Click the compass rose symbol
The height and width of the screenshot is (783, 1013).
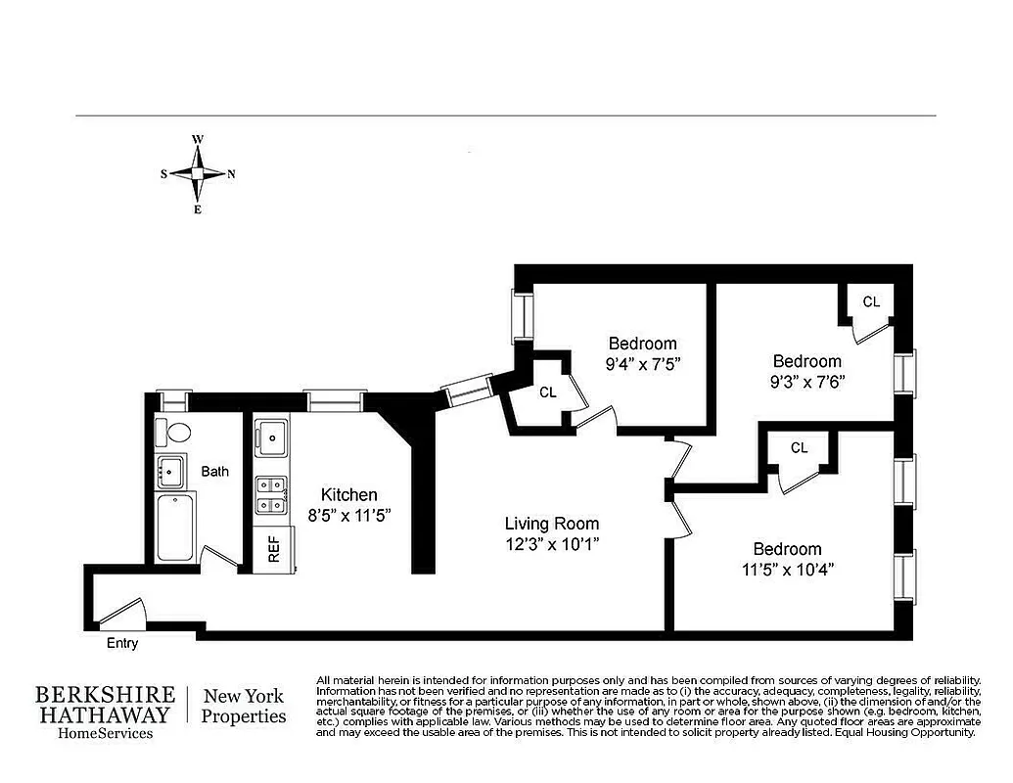pos(197,173)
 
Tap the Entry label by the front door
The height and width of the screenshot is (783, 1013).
pos(122,643)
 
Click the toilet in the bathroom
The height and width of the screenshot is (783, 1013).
pos(177,432)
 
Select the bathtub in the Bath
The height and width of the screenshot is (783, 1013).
pos(175,528)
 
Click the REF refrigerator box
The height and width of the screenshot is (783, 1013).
pos(273,549)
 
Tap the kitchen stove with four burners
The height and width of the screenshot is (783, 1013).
pos(271,495)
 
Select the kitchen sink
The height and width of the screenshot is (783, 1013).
pos(271,438)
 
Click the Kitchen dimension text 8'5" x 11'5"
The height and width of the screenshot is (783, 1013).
pos(349,515)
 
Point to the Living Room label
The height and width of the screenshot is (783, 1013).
pos(551,524)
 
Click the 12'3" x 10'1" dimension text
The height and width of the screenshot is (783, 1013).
pos(551,543)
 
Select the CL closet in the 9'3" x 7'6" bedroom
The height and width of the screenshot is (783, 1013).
pos(870,302)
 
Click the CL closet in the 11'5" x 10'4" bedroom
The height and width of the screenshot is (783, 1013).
pos(799,448)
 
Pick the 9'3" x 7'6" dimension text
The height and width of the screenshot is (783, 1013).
pos(806,382)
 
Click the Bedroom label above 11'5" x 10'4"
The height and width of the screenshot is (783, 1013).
pos(787,548)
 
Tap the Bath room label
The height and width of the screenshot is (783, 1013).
pos(214,472)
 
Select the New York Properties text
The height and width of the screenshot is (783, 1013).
pos(244,706)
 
